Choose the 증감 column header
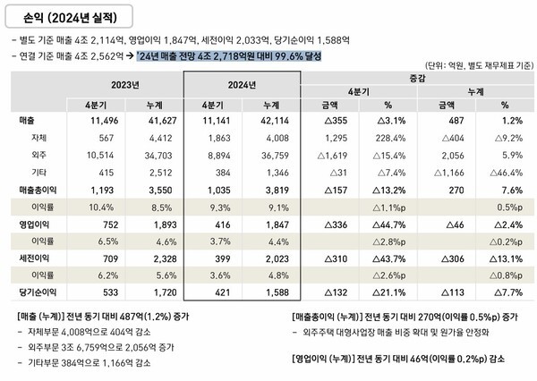click(x=418, y=79)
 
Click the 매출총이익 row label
click(x=42, y=190)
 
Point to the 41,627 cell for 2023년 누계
click(x=151, y=120)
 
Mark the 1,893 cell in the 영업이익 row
click(x=153, y=224)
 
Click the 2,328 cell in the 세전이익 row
click(x=153, y=258)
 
